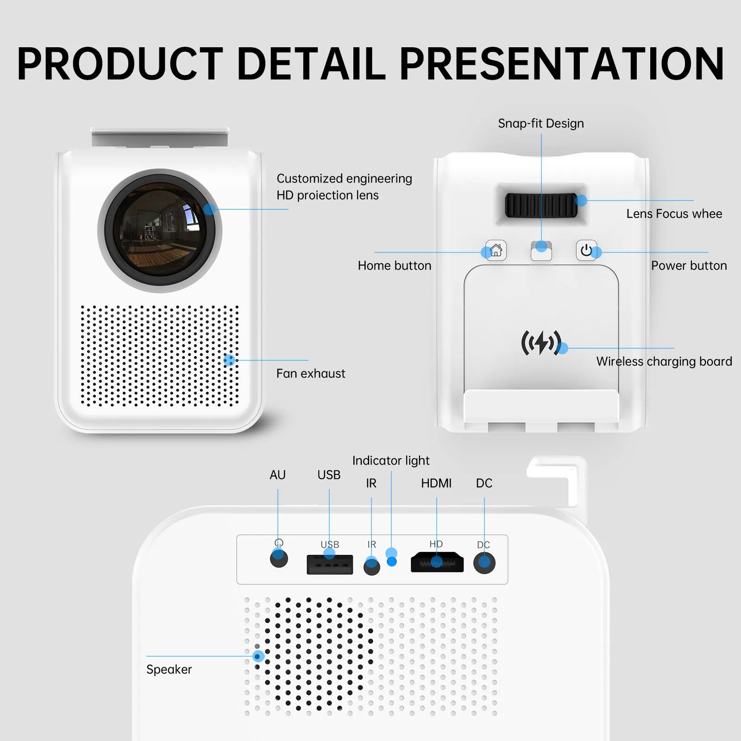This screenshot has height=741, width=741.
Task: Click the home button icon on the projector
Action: pos(496,251)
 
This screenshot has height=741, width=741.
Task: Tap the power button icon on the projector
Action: pos(586,251)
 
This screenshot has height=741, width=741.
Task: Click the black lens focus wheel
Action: pos(541,205)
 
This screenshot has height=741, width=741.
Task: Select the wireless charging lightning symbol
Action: pos(541,343)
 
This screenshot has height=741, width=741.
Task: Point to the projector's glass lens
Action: pos(160,231)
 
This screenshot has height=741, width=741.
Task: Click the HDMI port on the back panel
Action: pos(437,562)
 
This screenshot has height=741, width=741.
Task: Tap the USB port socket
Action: pos(330,565)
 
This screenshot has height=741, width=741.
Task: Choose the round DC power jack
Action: pos(484,563)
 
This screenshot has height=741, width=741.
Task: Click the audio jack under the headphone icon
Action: pos(279,558)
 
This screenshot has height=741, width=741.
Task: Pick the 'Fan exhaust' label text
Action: pos(311,374)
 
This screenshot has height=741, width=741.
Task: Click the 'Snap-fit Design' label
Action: pos(541,124)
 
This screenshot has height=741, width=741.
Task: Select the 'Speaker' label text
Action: pos(169,670)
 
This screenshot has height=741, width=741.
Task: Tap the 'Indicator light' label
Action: pos(391,461)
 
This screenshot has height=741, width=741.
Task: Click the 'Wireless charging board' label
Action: pos(664,362)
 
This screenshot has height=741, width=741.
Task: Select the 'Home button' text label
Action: pos(395,266)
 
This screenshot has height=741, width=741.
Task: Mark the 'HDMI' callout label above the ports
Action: pos(436,484)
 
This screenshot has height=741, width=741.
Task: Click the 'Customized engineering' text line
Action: pos(344,179)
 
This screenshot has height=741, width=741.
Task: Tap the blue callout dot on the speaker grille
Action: pos(258,656)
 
